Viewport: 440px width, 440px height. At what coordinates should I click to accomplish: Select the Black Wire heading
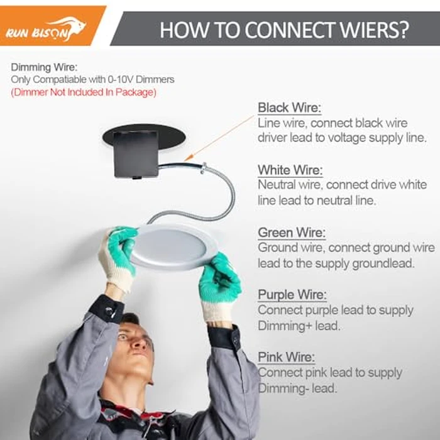point(289,107)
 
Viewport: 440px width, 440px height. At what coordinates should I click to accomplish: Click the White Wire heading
point(290,170)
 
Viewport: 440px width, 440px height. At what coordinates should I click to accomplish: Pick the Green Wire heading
point(292,233)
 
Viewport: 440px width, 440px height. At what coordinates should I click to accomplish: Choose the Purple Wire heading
point(292,295)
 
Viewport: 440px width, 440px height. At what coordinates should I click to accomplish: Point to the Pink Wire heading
point(286,357)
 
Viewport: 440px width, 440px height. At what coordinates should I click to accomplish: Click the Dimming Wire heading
point(44,67)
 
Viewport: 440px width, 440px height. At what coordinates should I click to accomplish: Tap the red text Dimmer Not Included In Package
point(84,92)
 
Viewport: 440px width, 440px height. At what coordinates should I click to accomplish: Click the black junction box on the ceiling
point(136,154)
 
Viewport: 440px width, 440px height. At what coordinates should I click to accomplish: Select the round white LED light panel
point(172,247)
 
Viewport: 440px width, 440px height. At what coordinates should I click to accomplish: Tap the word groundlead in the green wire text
point(383,263)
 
